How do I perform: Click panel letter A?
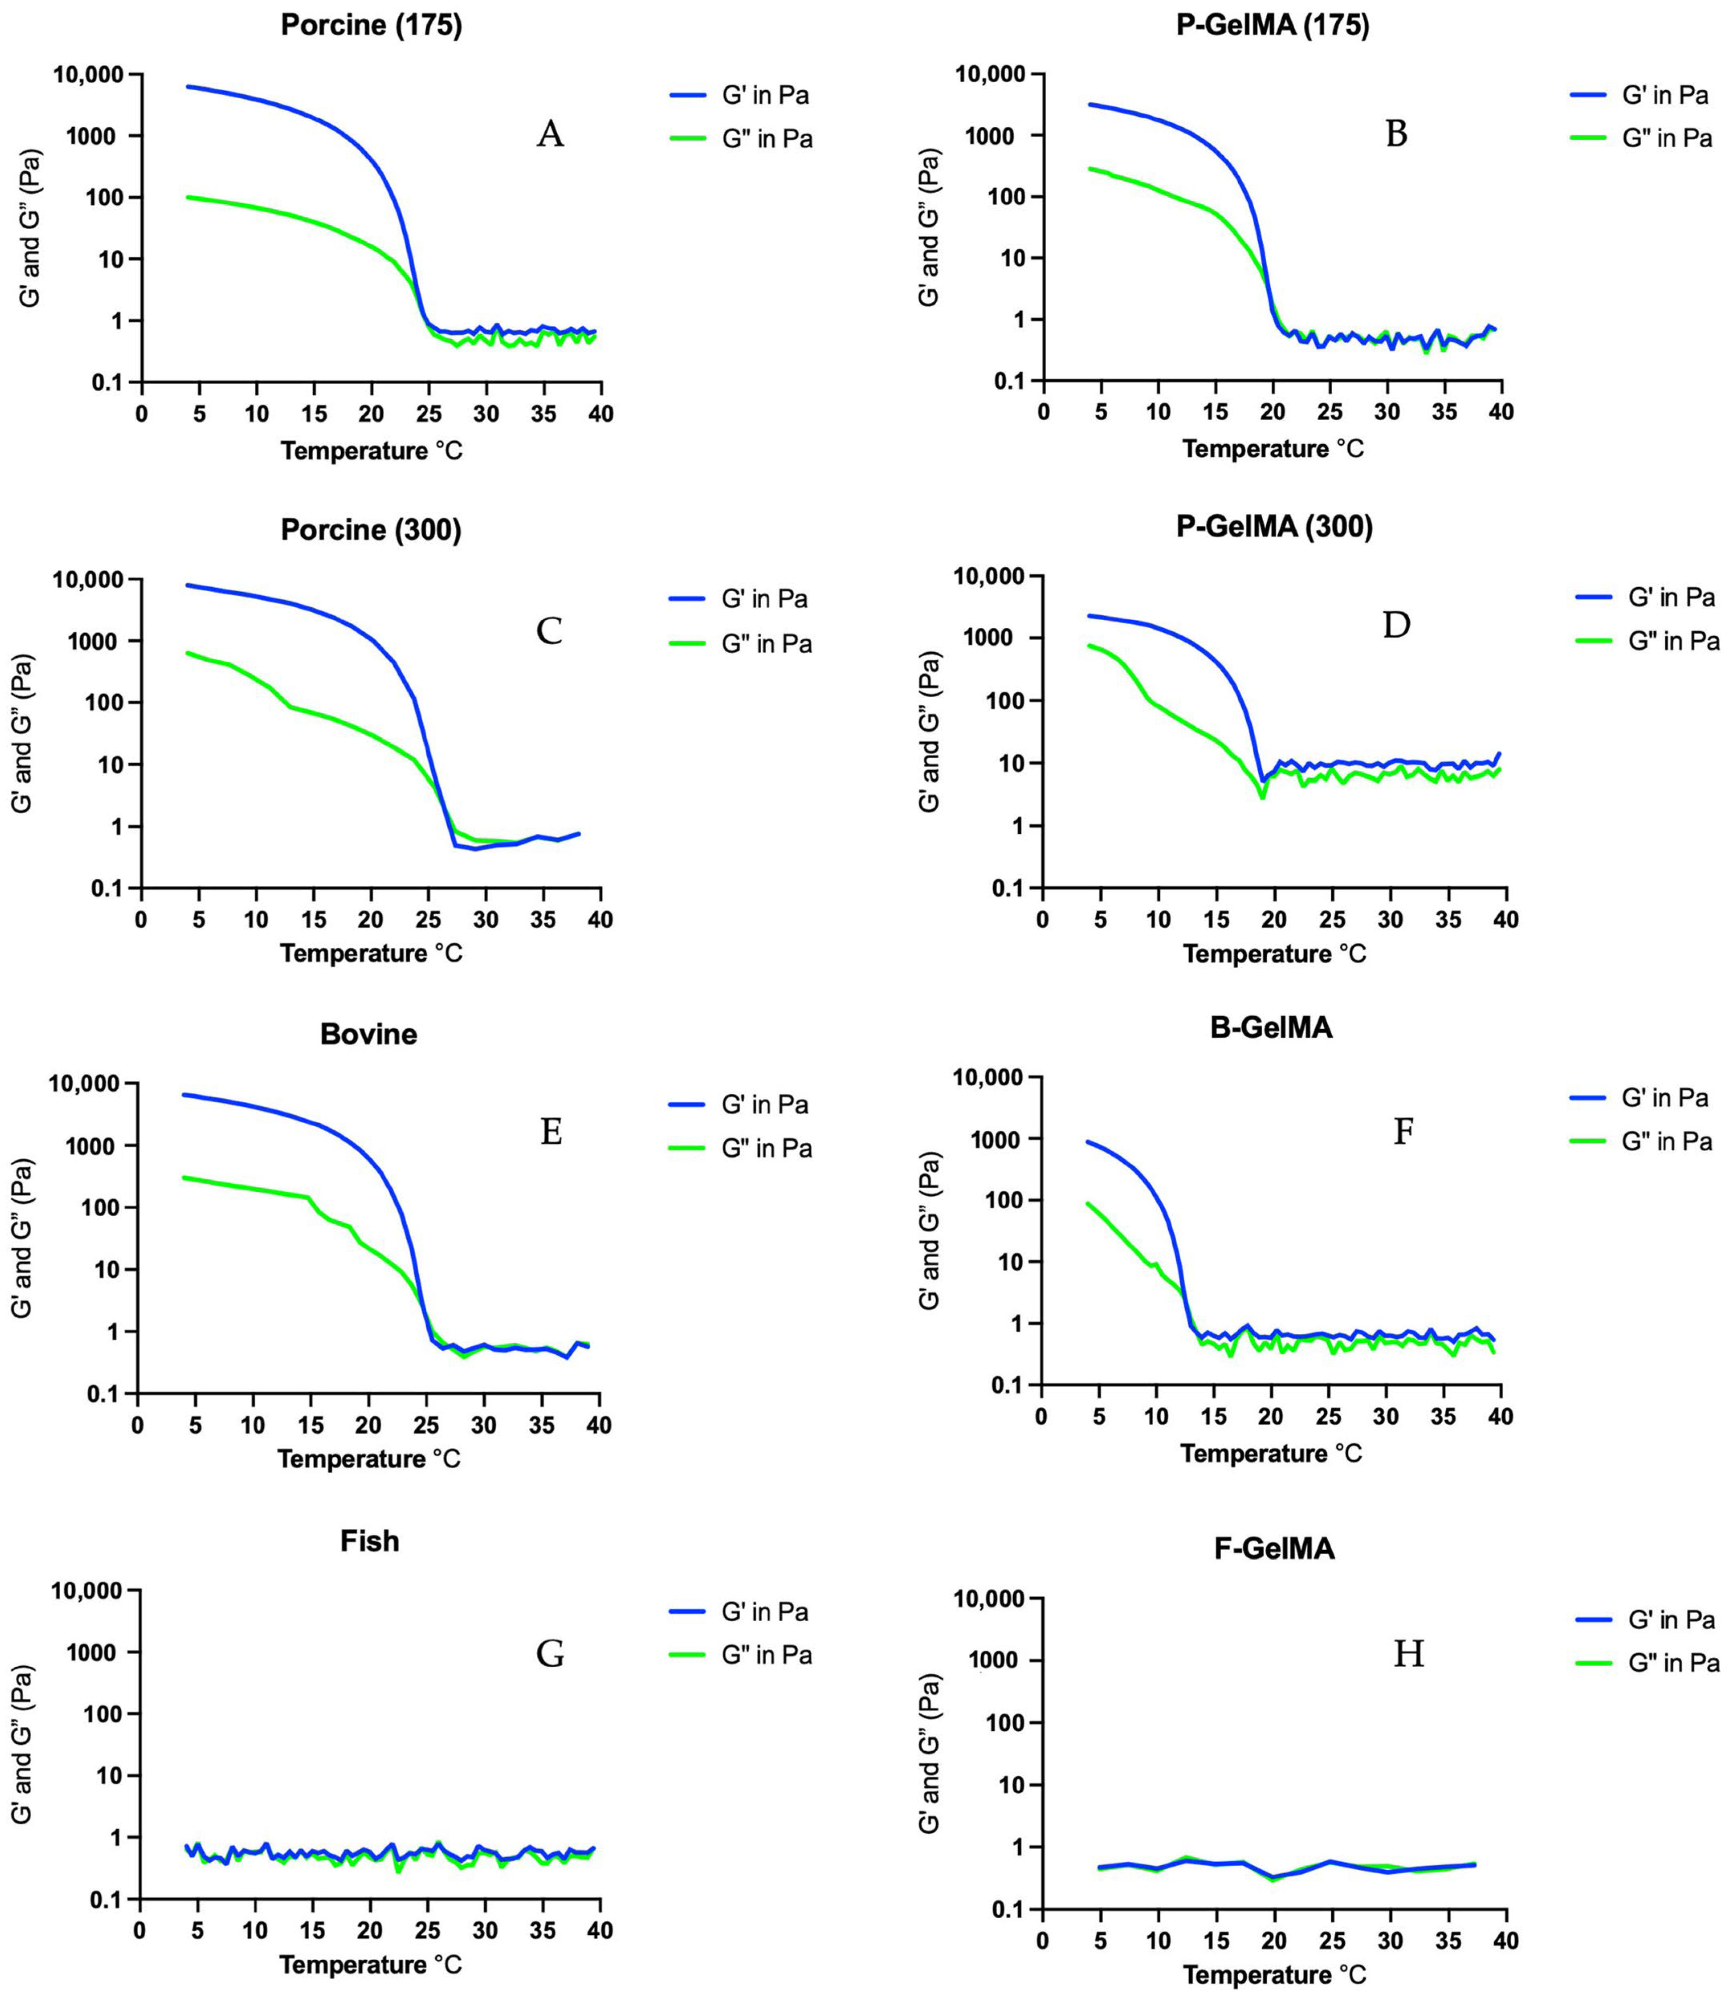550,134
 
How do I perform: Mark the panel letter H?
1408,1655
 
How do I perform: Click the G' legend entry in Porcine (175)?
740,96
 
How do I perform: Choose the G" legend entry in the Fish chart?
740,1655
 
